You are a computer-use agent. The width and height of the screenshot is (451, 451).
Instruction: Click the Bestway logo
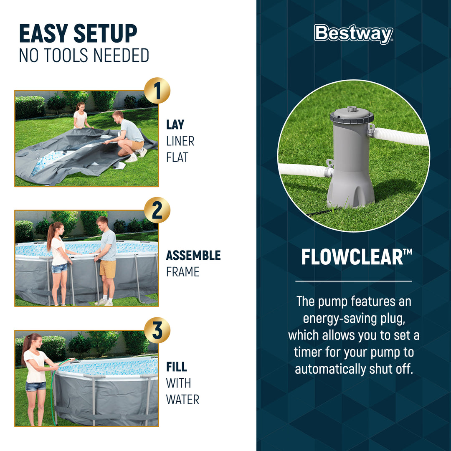coord(353,34)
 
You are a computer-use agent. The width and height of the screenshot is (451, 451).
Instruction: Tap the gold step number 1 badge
coord(157,91)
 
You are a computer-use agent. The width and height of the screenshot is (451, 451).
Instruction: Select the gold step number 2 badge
coord(157,210)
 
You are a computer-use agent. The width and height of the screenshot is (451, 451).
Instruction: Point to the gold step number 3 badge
coord(157,330)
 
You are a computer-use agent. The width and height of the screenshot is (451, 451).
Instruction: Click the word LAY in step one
coord(175,124)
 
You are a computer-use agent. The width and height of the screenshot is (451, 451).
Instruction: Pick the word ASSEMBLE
coord(193,255)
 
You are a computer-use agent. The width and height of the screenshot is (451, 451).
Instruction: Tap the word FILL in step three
coord(176,367)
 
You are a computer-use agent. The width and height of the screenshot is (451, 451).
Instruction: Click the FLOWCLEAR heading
coord(353,258)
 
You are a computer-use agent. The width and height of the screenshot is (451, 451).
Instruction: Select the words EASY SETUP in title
coord(78,34)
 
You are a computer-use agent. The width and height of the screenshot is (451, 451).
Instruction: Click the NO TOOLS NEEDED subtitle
coord(84,56)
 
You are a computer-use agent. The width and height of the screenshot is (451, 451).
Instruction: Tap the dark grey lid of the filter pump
coord(351,116)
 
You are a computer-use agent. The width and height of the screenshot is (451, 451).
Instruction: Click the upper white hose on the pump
coord(401,136)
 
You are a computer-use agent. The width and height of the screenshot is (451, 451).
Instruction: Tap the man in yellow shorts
coord(106,259)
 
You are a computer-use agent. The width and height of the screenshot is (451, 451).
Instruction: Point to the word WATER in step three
coord(182,399)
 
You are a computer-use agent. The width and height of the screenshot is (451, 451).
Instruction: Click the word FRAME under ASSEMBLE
coord(182,272)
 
